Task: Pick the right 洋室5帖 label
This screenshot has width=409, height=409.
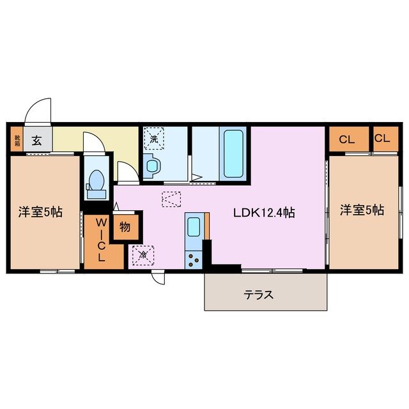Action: (x=362, y=210)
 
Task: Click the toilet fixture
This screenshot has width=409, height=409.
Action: (x=96, y=181)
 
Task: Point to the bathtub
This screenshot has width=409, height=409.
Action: (x=233, y=153)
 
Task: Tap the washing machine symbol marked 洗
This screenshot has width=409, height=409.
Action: (x=154, y=137)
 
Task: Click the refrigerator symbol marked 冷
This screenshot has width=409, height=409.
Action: (x=142, y=256)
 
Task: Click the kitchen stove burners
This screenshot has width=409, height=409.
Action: (x=193, y=259)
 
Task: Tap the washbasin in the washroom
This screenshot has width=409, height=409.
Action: (x=153, y=167)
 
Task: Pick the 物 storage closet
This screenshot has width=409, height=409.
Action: (x=124, y=227)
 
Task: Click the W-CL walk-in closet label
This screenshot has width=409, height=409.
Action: (x=101, y=240)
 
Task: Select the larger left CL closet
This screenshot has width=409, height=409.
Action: (x=348, y=139)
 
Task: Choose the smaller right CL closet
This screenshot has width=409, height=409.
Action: (x=383, y=139)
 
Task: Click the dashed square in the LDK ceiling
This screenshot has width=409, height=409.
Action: (x=171, y=199)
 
